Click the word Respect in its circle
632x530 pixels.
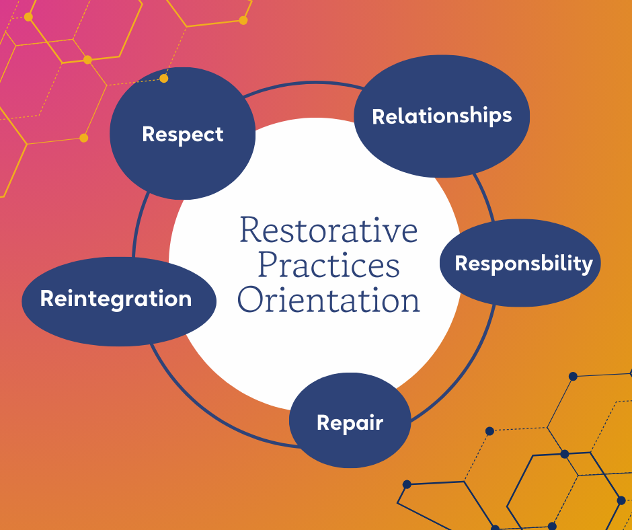tap(183, 134)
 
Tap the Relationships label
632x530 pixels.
tap(442, 116)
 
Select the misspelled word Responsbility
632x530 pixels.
tap(524, 263)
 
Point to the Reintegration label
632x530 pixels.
tap(116, 298)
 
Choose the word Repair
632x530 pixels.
tap(350, 422)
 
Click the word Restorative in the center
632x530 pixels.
tap(329, 231)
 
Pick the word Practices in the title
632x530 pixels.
tap(329, 265)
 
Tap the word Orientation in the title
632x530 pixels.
tap(329, 299)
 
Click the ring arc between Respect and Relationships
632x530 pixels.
tap(303, 84)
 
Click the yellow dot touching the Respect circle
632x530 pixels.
tap(164, 79)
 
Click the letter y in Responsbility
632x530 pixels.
tap(587, 265)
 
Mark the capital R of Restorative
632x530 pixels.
tap(250, 231)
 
